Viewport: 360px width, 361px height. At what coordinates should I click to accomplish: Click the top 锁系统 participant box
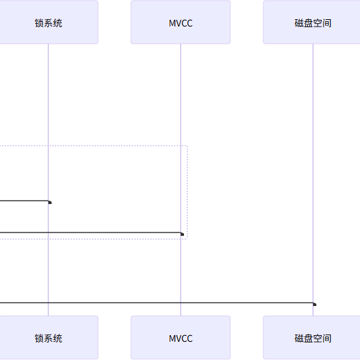click(x=49, y=22)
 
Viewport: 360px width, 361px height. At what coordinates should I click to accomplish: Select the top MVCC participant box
click(x=181, y=22)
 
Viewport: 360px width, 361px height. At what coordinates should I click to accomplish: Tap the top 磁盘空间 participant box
click(x=312, y=22)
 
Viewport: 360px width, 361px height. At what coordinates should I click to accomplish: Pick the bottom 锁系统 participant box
click(x=49, y=337)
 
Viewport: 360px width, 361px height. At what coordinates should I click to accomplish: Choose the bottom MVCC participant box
click(x=181, y=337)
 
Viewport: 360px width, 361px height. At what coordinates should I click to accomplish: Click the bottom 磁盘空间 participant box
click(x=312, y=337)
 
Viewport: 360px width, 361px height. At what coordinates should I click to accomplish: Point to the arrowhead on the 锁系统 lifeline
click(x=50, y=202)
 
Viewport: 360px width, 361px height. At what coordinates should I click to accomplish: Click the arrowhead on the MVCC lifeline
click(x=182, y=234)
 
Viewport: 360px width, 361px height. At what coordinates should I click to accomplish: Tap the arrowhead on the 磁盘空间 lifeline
click(x=314, y=304)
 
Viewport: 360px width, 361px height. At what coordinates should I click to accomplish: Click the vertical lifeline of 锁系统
click(x=48, y=180)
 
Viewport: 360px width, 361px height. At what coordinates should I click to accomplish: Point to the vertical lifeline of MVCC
click(x=181, y=180)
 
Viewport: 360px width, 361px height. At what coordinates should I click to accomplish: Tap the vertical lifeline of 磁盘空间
click(x=313, y=180)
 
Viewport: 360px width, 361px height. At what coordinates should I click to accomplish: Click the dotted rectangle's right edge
click(x=187, y=192)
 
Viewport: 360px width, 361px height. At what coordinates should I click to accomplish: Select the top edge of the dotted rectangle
click(x=93, y=146)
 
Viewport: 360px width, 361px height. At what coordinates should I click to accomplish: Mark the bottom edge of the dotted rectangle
click(x=93, y=239)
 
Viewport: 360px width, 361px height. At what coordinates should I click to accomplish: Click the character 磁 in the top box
click(x=299, y=23)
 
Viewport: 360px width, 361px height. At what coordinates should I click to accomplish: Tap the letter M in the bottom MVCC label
click(x=172, y=338)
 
